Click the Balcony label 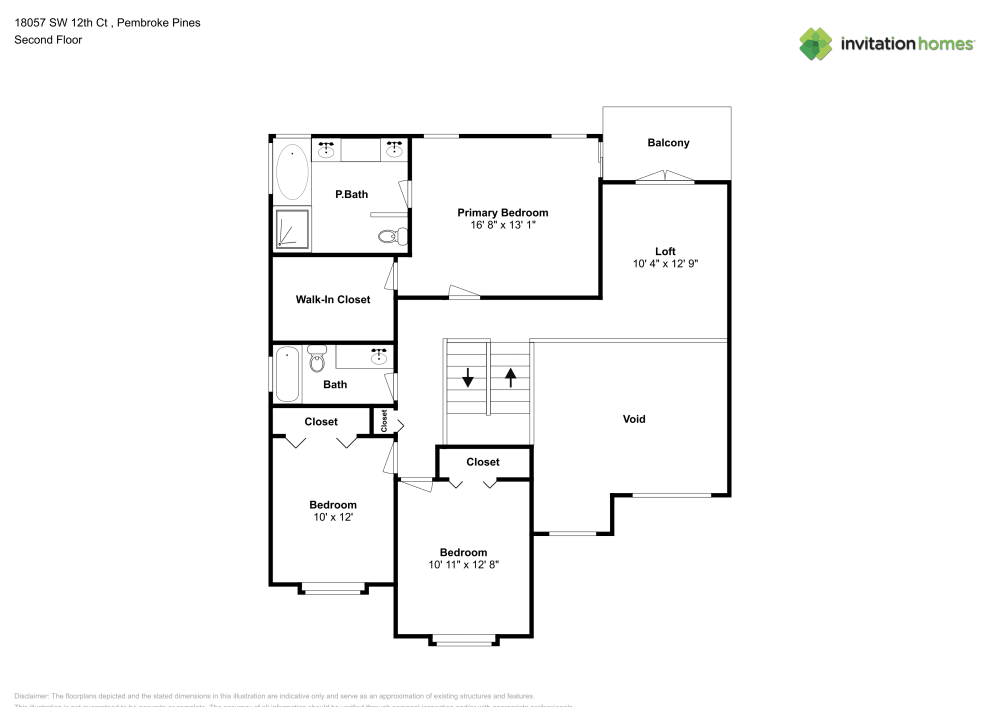point(668,143)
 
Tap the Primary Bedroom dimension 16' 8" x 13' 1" point(502,226)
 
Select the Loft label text point(665,251)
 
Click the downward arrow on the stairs point(467,378)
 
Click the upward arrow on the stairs point(511,378)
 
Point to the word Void point(634,419)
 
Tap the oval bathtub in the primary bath point(291,172)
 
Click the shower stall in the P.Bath point(291,229)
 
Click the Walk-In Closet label point(333,299)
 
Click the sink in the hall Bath point(379,355)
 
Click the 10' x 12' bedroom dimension point(332,517)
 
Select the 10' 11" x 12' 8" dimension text point(463,565)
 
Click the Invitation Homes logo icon point(816,43)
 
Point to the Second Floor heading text point(48,40)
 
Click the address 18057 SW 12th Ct point(64,22)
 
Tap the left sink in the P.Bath point(327,150)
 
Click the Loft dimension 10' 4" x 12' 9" point(665,264)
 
